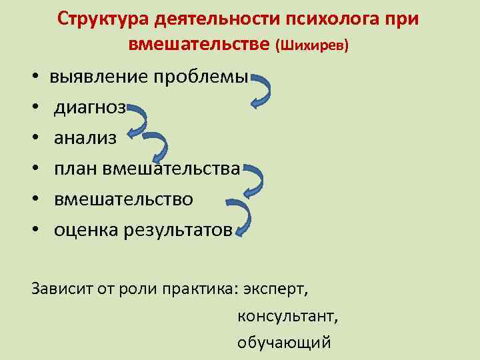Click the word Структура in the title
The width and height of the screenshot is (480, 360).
click(x=101, y=19)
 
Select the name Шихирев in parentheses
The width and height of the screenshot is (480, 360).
click(x=312, y=46)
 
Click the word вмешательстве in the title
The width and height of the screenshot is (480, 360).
click(x=198, y=45)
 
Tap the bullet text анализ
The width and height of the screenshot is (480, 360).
click(x=85, y=139)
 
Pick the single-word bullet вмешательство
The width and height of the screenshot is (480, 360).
click(x=123, y=199)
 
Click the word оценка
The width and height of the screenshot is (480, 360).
click(x=87, y=230)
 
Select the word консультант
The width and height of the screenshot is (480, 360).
click(x=287, y=317)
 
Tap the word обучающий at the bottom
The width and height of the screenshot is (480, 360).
click(x=283, y=343)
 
